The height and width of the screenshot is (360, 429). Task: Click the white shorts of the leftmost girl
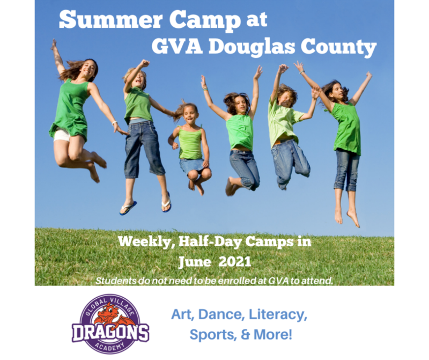pyautogui.click(x=62, y=135)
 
